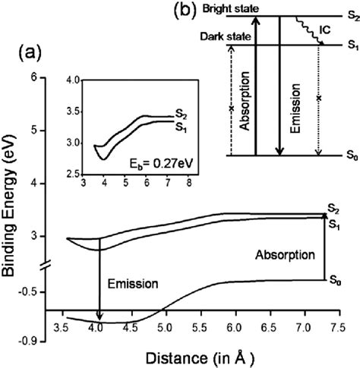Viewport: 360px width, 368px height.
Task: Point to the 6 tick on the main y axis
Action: click(33, 77)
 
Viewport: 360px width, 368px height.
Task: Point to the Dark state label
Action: click(221, 36)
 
